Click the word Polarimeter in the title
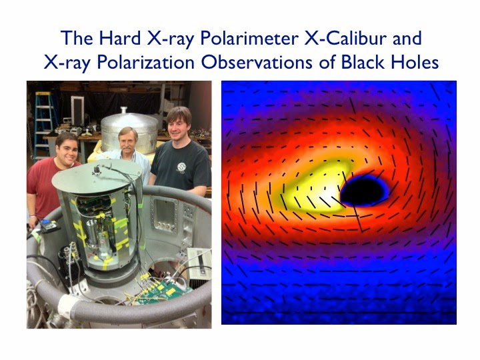tap(249, 39)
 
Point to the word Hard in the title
tap(120, 38)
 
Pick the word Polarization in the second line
tap(145, 63)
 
